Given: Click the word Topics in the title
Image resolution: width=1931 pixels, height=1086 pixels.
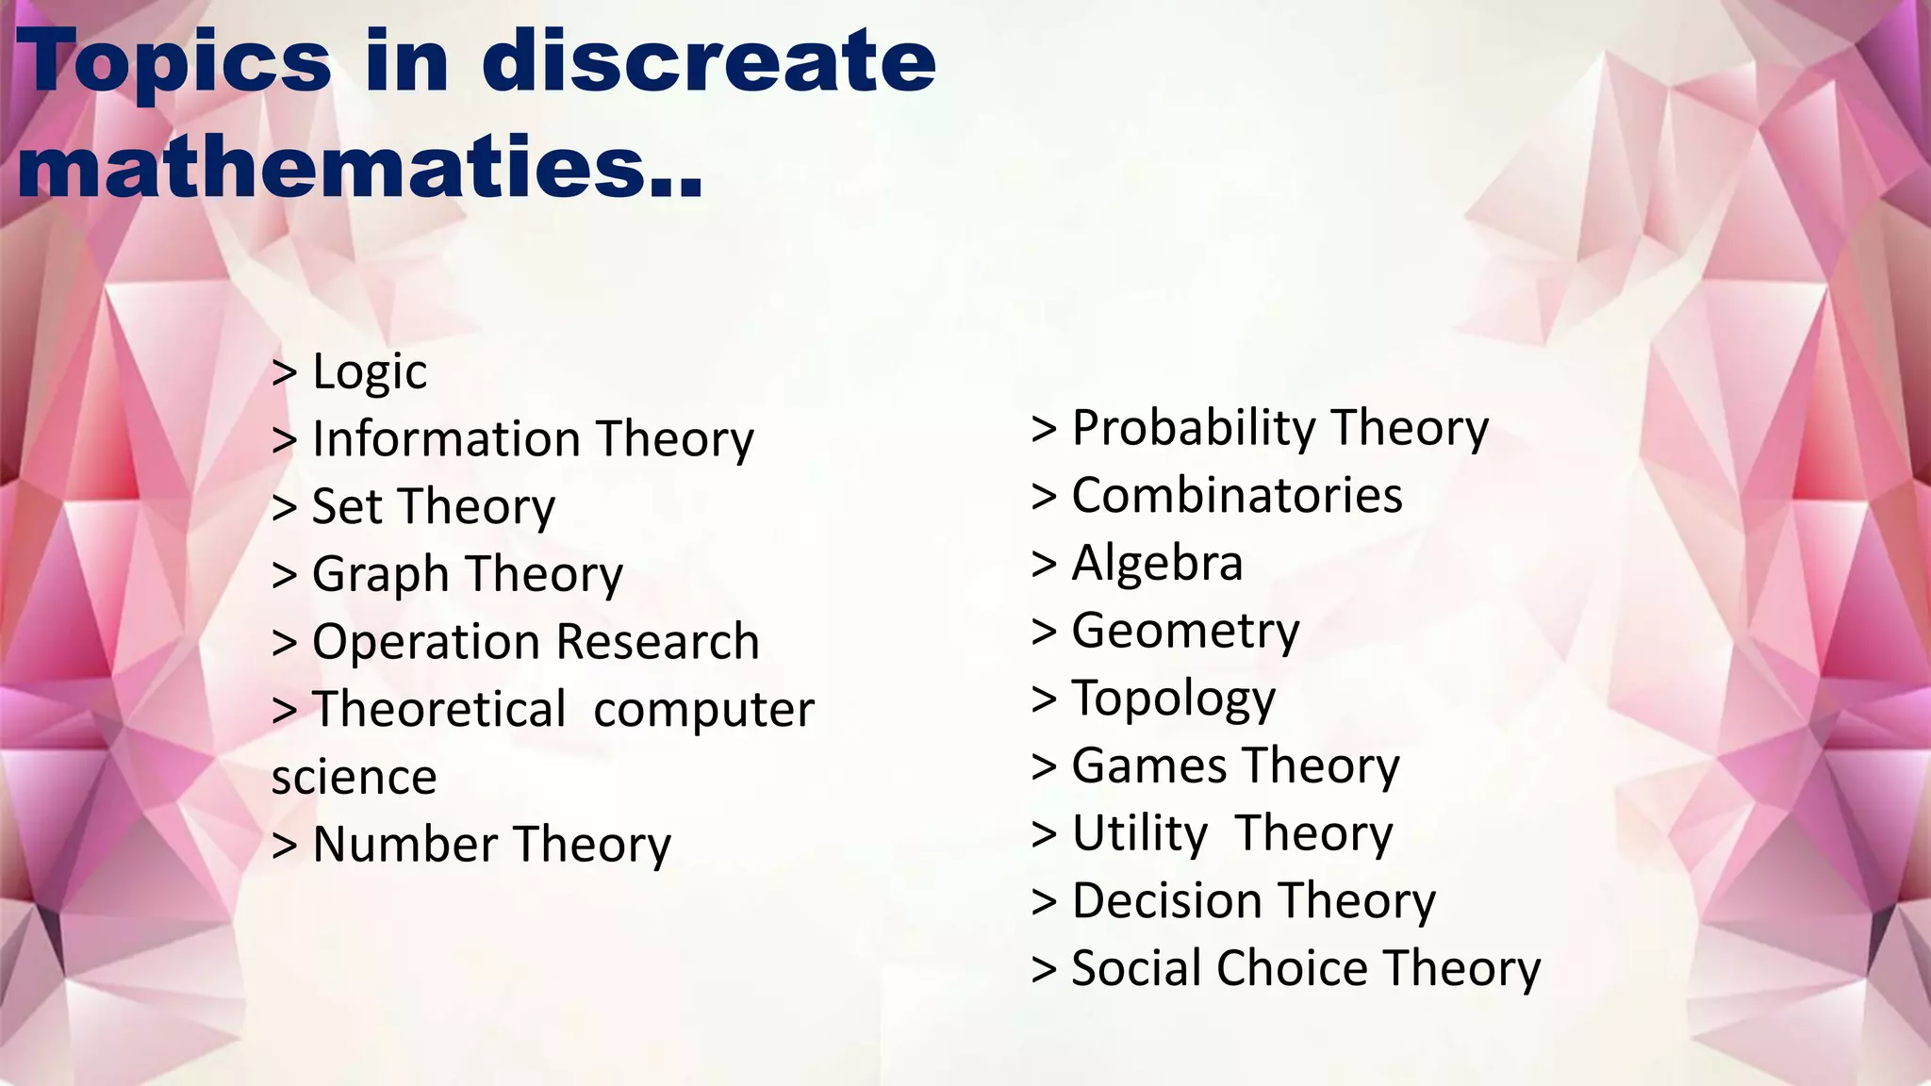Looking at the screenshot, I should tap(174, 62).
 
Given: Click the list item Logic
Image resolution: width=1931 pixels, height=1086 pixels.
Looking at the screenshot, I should tap(369, 371).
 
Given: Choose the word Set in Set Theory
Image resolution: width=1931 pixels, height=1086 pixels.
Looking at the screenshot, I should tap(346, 506).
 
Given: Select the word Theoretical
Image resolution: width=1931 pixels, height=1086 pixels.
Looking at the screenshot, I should tap(439, 709).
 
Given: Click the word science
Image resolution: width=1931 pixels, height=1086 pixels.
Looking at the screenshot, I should tap(354, 778).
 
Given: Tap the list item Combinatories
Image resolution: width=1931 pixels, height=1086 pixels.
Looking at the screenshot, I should tap(1236, 496).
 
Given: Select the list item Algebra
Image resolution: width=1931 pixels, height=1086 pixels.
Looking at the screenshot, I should tap(1157, 564).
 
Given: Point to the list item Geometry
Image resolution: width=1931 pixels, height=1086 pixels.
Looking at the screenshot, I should tap(1185, 631).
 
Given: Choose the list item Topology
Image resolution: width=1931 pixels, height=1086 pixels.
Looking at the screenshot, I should tap(1173, 699).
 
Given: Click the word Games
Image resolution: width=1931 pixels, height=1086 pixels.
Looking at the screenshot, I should tap(1148, 765).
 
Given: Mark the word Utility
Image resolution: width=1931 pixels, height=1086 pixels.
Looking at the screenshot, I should tap(1139, 833).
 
